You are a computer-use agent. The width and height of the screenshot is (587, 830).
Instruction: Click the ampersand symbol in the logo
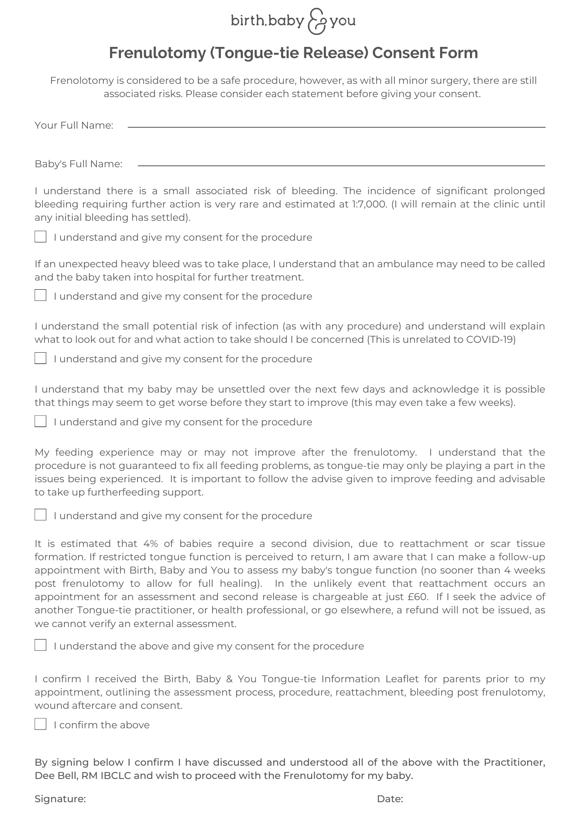317,21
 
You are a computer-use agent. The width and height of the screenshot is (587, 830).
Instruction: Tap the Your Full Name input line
336,126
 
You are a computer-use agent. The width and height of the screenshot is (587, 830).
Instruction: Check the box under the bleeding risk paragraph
40,237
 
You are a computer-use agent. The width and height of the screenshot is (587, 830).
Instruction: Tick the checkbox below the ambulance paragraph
40,295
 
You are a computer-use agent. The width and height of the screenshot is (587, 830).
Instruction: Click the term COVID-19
490,339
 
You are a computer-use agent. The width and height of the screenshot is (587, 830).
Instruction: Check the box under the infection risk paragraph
40,358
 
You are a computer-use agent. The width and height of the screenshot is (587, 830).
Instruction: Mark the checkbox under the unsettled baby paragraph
40,421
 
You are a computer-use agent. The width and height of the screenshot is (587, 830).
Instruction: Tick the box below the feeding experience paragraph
40,515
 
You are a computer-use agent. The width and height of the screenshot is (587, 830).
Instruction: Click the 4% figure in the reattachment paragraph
151,544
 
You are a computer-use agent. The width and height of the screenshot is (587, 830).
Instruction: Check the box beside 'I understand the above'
40,645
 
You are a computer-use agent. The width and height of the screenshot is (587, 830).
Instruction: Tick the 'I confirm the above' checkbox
40,724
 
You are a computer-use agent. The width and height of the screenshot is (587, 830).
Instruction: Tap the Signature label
60,799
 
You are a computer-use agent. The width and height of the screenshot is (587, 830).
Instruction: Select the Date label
390,799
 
